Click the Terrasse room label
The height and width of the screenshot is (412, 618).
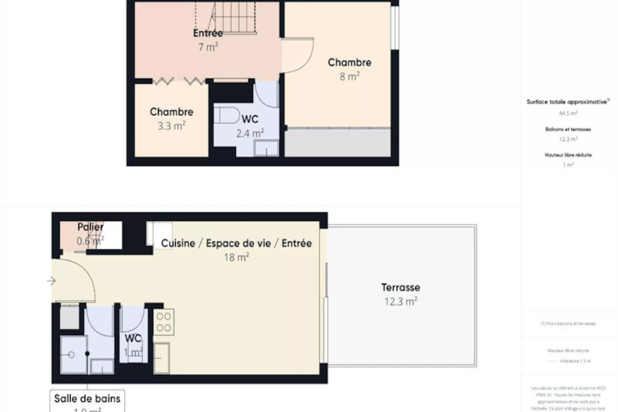(401, 287)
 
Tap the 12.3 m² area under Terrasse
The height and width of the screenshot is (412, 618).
(401, 301)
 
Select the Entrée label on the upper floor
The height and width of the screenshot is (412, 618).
(208, 33)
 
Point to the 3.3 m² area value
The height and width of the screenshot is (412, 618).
(171, 126)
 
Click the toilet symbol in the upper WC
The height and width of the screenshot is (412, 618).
(227, 115)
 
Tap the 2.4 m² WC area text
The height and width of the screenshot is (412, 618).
(250, 133)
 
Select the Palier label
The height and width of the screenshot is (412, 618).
(90, 227)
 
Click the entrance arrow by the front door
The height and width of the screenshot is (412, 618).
(52, 281)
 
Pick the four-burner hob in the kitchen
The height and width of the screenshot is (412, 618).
(164, 322)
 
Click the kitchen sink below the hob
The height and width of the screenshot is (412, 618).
(162, 358)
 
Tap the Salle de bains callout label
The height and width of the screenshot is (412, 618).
(87, 399)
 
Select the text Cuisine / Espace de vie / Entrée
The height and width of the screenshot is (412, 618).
(236, 243)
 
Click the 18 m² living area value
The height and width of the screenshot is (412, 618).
(236, 257)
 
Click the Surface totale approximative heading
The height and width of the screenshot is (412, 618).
(568, 102)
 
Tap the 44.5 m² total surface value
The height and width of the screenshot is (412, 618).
(568, 113)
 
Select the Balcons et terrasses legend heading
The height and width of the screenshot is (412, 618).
(568, 129)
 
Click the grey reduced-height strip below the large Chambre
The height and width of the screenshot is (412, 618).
(337, 142)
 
